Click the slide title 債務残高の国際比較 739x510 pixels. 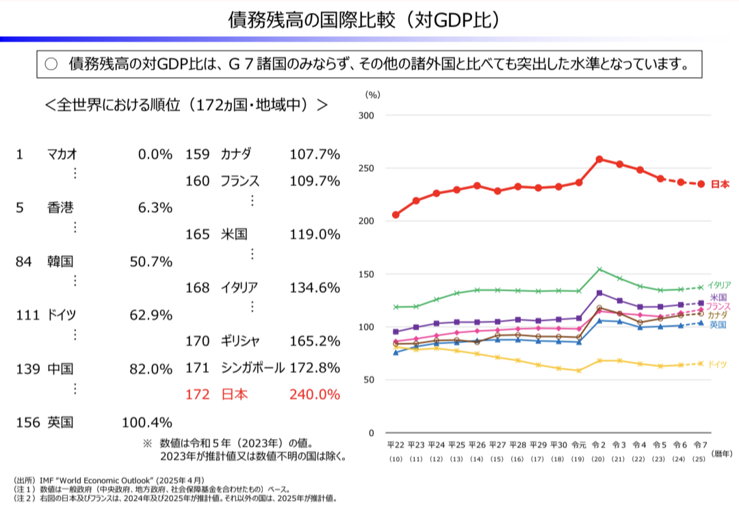click(363, 19)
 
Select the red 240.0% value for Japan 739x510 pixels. click(315, 394)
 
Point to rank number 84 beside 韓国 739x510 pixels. click(24, 261)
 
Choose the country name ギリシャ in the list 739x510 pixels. click(239, 341)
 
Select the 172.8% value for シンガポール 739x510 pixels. click(315, 368)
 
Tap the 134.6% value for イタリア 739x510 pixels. click(315, 288)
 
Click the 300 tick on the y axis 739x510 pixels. click(366, 116)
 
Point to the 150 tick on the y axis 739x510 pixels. click(366, 275)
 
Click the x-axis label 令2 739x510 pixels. click(599, 445)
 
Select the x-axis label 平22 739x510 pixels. click(396, 445)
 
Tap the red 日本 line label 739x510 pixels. click(719, 184)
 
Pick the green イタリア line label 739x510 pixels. click(718, 285)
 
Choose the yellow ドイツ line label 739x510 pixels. click(717, 364)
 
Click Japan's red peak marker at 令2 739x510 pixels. click(599, 160)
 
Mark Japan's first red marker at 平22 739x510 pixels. click(396, 215)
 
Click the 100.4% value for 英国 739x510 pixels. click(146, 422)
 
